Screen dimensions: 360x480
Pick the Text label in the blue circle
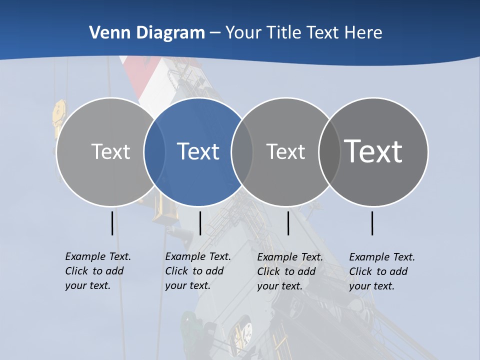tap(198, 151)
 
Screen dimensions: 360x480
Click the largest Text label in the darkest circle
tap(373, 151)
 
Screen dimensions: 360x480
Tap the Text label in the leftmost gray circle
tap(111, 151)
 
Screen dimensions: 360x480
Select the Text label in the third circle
tap(285, 151)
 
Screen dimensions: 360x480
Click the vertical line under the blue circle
tap(200, 223)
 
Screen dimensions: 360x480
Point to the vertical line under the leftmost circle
tap(112, 223)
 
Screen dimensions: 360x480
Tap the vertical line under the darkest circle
tap(372, 223)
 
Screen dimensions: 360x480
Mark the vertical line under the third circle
tap(288, 223)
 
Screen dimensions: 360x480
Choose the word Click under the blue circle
tap(176, 271)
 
